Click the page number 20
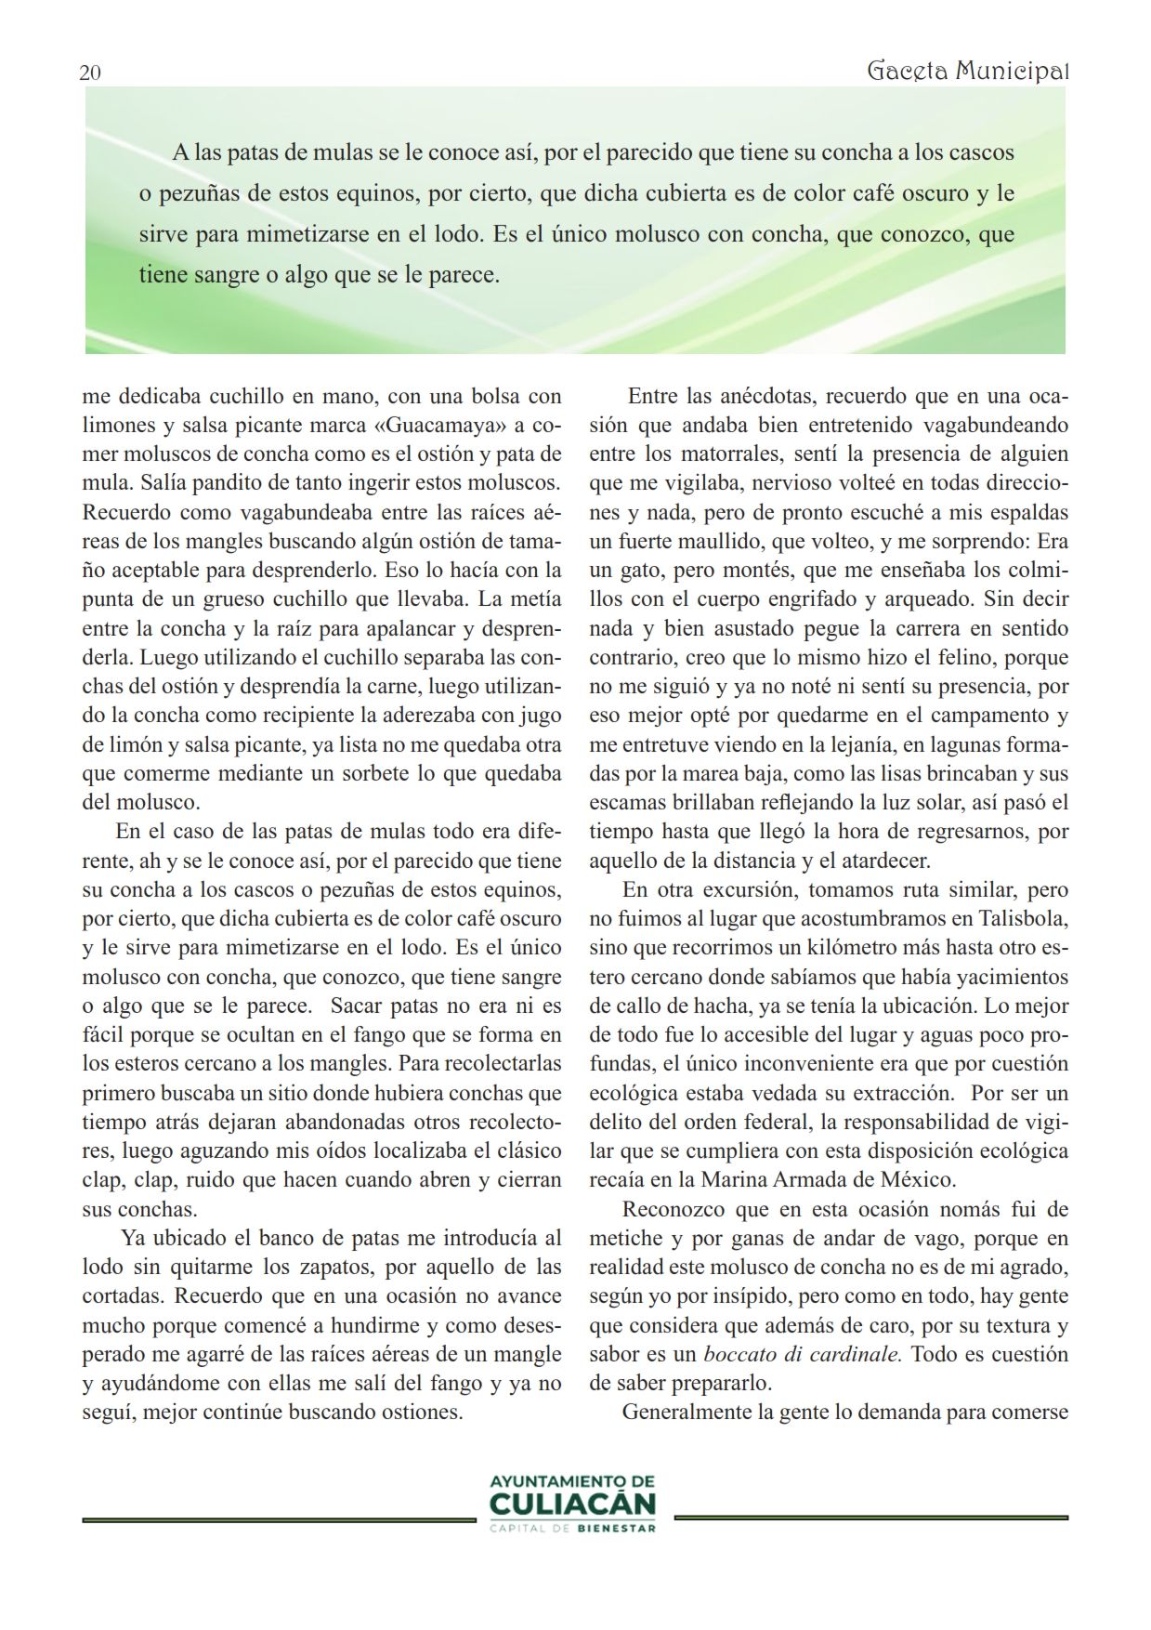pos(90,73)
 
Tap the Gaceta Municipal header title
pos(967,71)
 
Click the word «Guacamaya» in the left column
pos(447,426)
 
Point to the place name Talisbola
pos(1023,919)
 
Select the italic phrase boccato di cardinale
pos(803,1354)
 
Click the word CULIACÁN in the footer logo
pos(572,1504)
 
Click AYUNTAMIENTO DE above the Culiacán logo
pos(572,1480)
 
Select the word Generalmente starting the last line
pos(687,1413)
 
